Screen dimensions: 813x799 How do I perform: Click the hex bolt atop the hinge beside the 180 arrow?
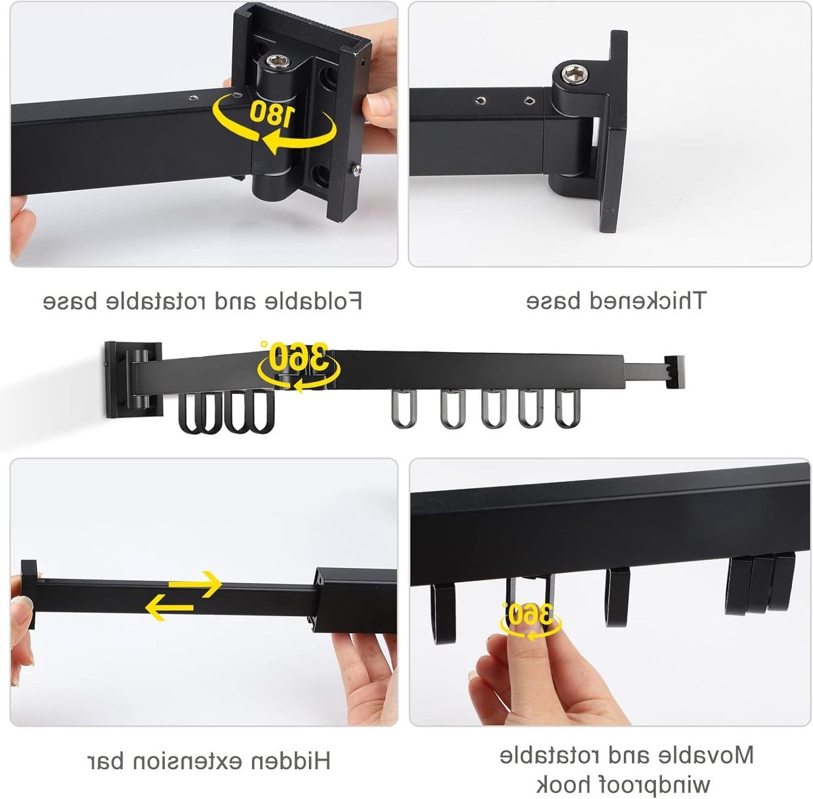pyautogui.click(x=278, y=62)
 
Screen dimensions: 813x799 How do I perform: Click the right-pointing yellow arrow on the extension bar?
pyautogui.click(x=195, y=584)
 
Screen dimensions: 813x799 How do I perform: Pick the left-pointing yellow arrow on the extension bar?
pyautogui.click(x=169, y=607)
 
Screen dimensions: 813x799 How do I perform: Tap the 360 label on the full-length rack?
pyautogui.click(x=299, y=355)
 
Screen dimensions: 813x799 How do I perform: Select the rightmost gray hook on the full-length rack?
pyautogui.click(x=568, y=408)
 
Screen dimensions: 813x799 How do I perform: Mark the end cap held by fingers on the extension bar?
pyautogui.click(x=28, y=594)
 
